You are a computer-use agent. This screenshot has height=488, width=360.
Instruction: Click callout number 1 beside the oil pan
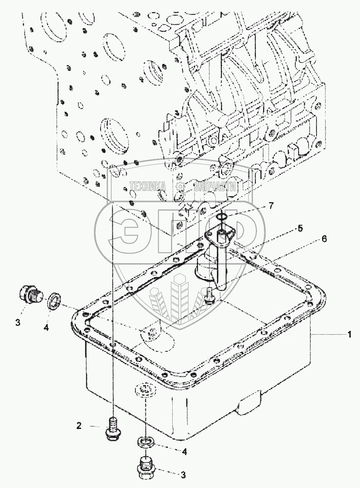click(x=350, y=334)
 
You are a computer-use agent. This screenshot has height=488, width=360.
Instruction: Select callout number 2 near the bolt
click(x=79, y=426)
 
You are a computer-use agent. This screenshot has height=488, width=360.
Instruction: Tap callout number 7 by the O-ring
click(x=271, y=206)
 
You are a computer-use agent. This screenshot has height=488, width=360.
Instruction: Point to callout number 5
click(x=300, y=228)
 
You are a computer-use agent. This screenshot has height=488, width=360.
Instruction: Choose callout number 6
click(x=324, y=239)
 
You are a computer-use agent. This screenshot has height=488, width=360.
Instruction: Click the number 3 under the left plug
click(x=17, y=323)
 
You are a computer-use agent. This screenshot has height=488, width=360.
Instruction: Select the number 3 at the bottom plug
click(x=183, y=475)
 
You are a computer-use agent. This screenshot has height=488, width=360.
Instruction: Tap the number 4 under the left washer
click(x=46, y=328)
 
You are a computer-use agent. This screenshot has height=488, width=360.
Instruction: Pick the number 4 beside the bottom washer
click(x=184, y=451)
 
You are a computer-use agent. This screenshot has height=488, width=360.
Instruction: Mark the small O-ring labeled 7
click(x=223, y=217)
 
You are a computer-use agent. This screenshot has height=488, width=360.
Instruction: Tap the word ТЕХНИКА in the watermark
click(x=148, y=186)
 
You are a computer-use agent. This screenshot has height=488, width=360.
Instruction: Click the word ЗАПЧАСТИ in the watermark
click(x=215, y=186)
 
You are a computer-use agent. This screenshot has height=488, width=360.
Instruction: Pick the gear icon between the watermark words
click(x=180, y=186)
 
